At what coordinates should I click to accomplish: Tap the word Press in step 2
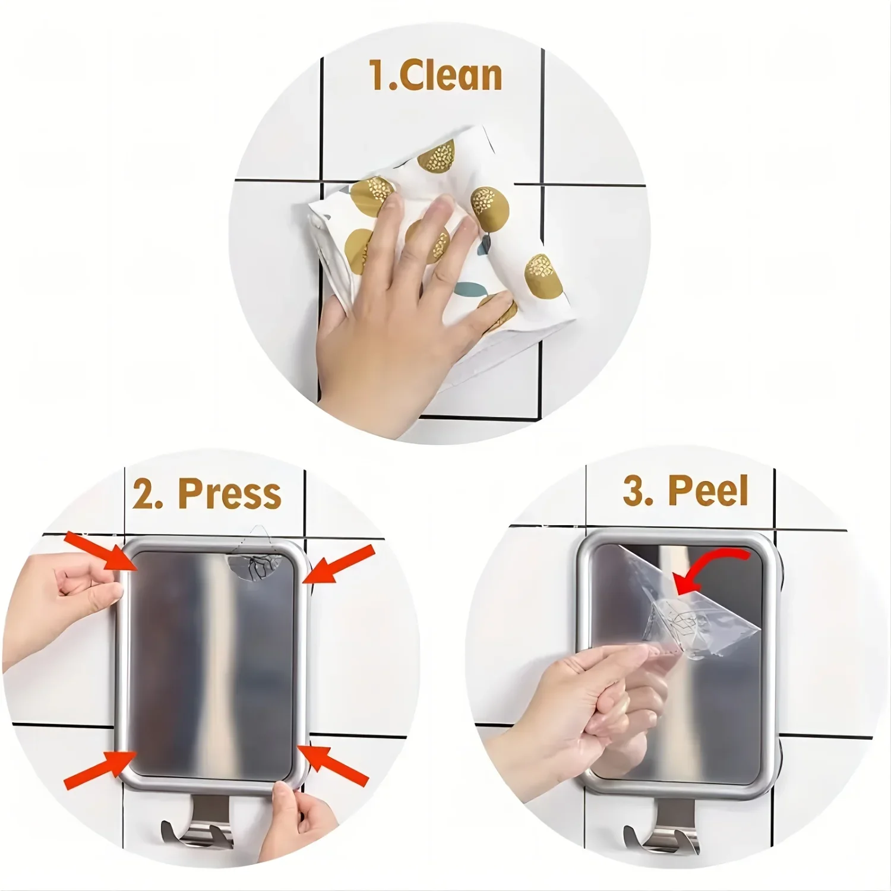point(229,494)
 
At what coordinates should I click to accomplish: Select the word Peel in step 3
point(707,491)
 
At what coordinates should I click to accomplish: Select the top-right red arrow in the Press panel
point(340,564)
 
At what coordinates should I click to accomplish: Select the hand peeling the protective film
point(582,701)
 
